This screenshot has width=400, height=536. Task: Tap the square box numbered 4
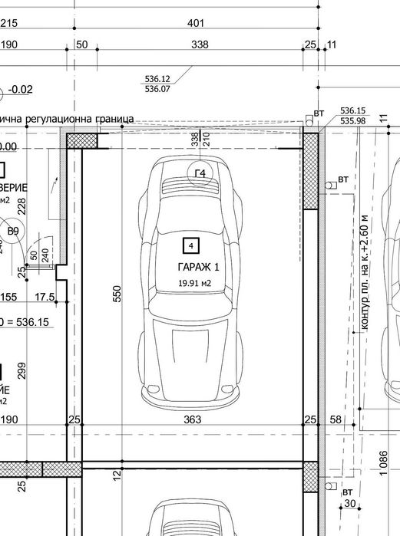click(x=190, y=245)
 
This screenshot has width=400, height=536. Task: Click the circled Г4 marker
click(x=200, y=174)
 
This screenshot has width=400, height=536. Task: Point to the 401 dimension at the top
click(x=196, y=24)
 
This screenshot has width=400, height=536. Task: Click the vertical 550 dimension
click(x=117, y=294)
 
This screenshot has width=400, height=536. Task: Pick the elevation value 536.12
click(x=157, y=79)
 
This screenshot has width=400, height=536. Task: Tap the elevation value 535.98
click(x=352, y=120)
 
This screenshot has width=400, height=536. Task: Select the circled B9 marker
click(x=13, y=231)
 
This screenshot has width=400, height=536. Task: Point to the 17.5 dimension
click(x=45, y=297)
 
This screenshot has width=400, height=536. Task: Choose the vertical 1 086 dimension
click(x=384, y=464)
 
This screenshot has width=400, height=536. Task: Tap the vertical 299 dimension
click(x=21, y=370)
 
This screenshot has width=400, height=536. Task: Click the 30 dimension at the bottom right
click(x=351, y=504)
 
